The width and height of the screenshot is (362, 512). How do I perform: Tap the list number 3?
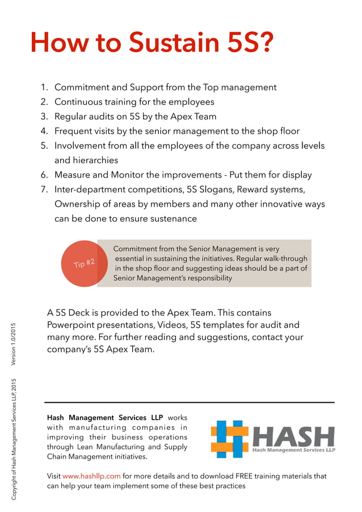click(x=44, y=117)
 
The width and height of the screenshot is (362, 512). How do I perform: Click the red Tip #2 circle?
click(x=83, y=263)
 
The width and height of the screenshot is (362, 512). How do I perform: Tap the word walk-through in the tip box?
click(x=283, y=259)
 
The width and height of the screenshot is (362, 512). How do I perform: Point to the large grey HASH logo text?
click(x=293, y=435)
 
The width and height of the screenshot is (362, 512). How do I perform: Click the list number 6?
click(x=44, y=175)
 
